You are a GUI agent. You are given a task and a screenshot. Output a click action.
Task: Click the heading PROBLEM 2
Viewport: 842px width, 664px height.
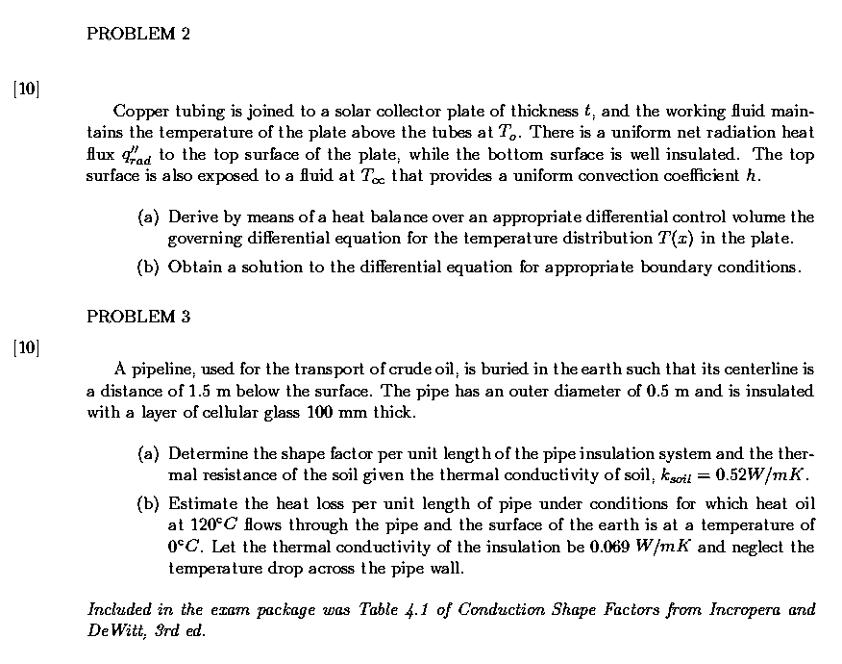pos(137,35)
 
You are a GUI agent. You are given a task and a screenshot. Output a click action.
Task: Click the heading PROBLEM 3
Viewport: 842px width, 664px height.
pos(137,317)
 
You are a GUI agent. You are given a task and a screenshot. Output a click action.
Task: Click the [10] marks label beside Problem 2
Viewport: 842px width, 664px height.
pos(27,89)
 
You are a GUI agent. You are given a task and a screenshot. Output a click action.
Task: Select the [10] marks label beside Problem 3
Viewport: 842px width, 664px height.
pos(27,345)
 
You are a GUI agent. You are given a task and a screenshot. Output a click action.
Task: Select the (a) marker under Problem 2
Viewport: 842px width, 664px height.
pos(148,217)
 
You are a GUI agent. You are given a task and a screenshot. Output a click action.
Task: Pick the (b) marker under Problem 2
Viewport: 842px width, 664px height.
pos(148,267)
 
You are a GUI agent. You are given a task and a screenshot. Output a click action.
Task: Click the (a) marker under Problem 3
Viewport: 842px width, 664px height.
pos(148,452)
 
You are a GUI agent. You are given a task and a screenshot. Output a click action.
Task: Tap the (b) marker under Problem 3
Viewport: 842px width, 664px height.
pos(148,503)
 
